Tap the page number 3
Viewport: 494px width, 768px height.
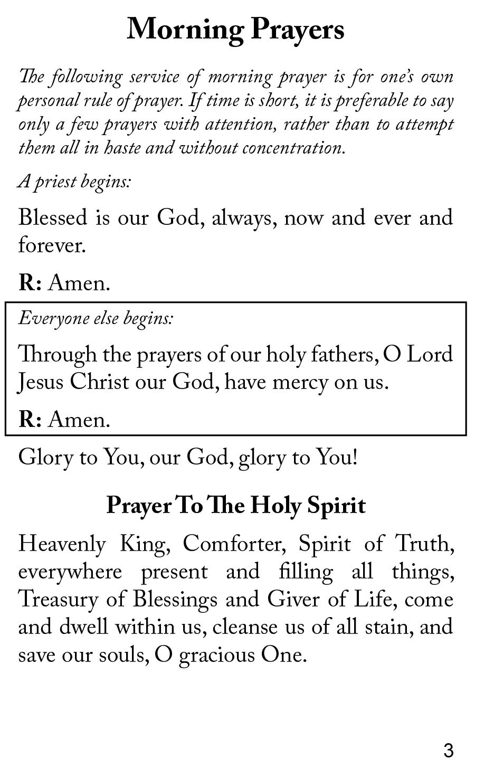tap(448, 750)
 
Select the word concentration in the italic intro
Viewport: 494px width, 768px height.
tap(293, 148)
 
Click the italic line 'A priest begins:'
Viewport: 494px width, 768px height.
tap(74, 182)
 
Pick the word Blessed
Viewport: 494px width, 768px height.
tap(52, 217)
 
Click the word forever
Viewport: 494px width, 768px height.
tap(51, 245)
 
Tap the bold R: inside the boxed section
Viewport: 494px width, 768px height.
tap(30, 420)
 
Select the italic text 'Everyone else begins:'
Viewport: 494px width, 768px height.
tap(96, 319)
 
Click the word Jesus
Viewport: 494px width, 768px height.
tap(41, 382)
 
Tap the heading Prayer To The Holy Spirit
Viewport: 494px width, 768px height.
tap(236, 506)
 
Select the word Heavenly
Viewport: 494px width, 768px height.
tap(62, 545)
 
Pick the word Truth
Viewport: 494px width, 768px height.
tap(424, 544)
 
